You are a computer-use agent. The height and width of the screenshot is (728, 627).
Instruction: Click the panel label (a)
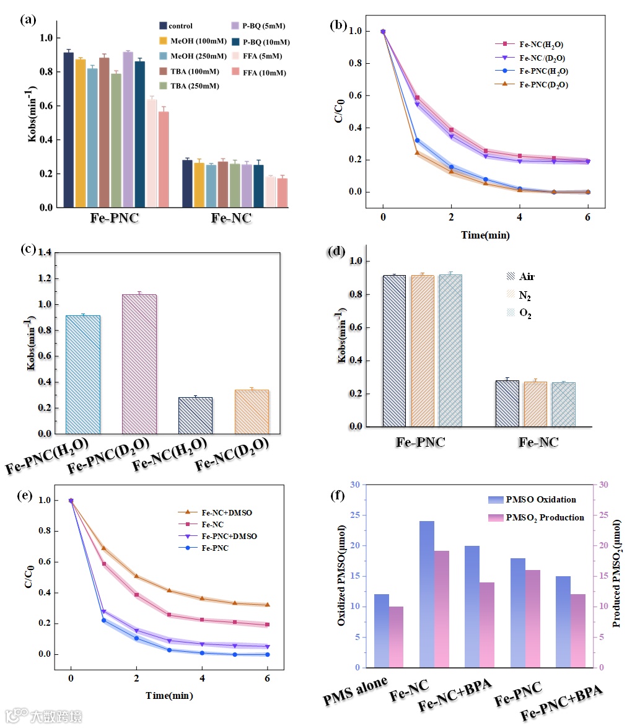[28, 19]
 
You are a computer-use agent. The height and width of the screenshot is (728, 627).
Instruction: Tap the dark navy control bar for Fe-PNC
[68, 130]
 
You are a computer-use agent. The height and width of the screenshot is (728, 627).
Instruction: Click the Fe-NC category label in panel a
[232, 218]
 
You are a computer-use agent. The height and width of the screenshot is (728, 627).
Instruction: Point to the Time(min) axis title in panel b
[486, 235]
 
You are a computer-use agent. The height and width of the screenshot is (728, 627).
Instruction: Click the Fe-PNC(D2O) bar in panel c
[139, 364]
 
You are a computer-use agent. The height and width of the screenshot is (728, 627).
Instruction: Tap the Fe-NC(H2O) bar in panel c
[195, 415]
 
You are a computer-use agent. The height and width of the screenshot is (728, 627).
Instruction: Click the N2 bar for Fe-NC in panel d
[536, 404]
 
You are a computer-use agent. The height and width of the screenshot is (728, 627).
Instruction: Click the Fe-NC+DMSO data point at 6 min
[267, 605]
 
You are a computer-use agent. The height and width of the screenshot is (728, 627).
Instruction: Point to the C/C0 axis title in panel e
[29, 577]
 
